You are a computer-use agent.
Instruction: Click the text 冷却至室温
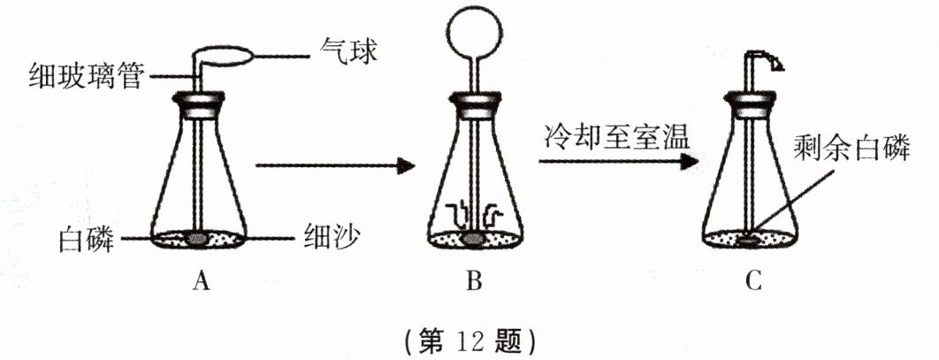pyautogui.click(x=610, y=139)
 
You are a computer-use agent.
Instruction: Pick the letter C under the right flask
pyautogui.click(x=752, y=282)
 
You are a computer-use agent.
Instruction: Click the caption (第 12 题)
pyautogui.click(x=469, y=338)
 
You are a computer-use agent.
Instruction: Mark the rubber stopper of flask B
pyautogui.click(x=474, y=107)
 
